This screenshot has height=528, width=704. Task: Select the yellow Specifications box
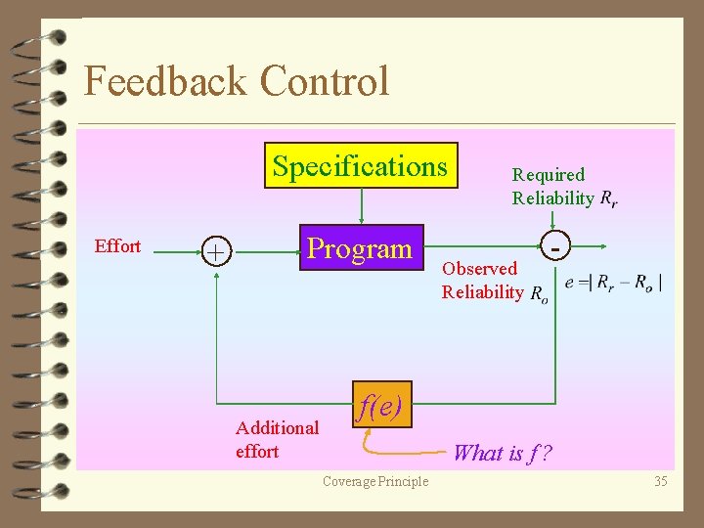[361, 166]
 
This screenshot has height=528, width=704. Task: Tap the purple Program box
[361, 248]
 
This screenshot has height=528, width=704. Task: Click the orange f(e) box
[380, 404]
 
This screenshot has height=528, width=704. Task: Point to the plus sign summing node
[215, 252]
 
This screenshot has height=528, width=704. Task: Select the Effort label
[117, 246]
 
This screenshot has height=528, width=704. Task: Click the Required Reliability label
[551, 187]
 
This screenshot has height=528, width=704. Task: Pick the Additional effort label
[277, 439]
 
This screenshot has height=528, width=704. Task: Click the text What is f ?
[503, 452]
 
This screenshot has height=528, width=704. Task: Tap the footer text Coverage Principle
[375, 481]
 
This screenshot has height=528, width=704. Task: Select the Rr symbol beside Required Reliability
[608, 199]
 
